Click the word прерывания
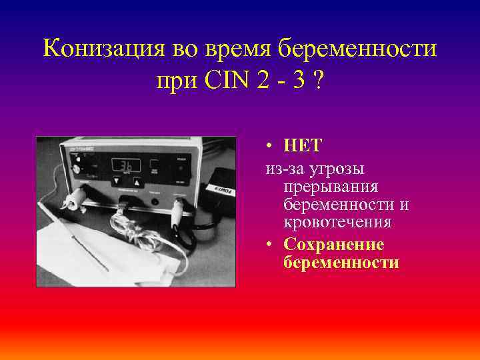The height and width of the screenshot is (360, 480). click(x=331, y=189)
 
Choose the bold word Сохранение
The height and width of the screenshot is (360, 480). click(x=333, y=245)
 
